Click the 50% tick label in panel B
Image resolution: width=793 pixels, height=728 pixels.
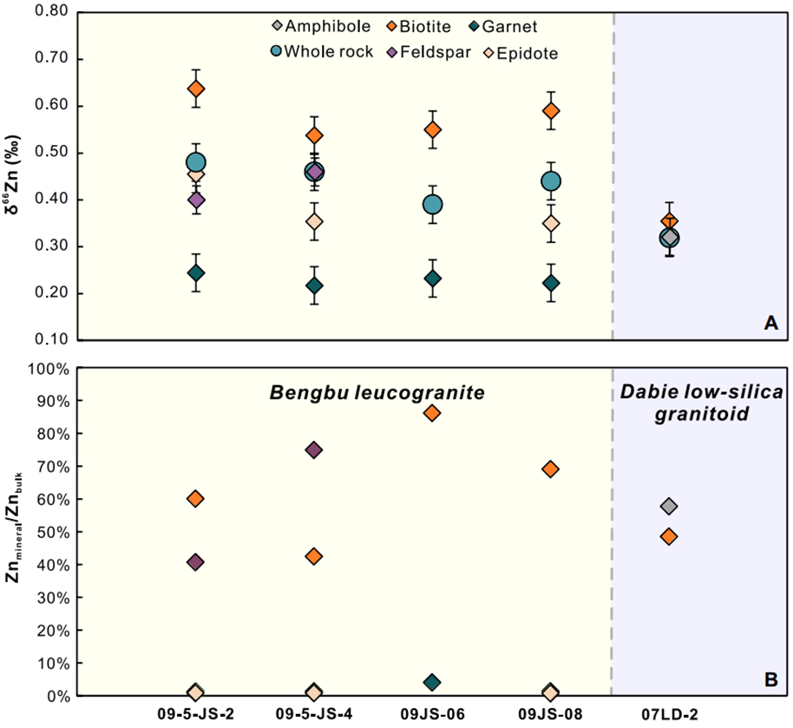48,533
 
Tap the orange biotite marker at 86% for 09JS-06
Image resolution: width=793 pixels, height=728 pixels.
432,413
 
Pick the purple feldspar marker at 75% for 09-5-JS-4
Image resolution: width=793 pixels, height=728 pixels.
314,449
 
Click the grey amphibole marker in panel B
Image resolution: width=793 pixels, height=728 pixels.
669,506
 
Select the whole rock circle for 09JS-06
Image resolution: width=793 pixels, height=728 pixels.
432,205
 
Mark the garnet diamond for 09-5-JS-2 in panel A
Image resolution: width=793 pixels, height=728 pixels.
196,272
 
